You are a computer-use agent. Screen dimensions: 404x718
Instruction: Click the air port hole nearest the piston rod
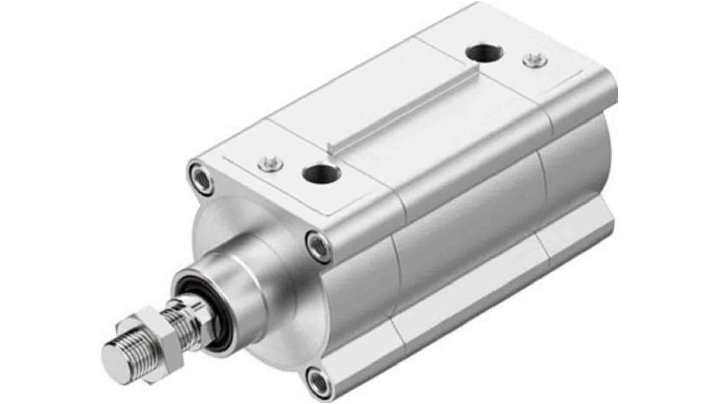pyautogui.click(x=322, y=174)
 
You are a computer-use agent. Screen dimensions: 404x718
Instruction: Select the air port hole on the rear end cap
pyautogui.click(x=484, y=52)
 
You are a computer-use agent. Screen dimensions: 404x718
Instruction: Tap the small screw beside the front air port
pyautogui.click(x=270, y=163)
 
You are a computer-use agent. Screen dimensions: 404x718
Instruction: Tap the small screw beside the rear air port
pyautogui.click(x=534, y=60)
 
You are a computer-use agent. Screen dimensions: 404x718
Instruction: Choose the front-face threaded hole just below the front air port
pyautogui.click(x=319, y=247)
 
